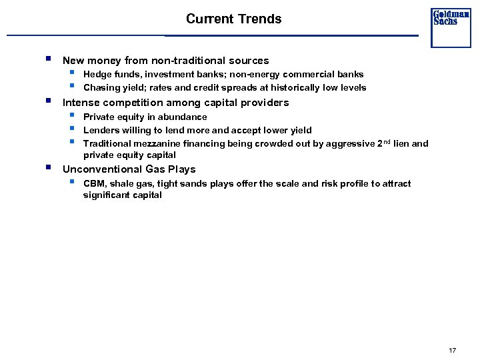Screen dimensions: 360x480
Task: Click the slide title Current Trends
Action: [x=233, y=19]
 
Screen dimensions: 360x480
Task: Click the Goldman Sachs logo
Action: [x=451, y=18]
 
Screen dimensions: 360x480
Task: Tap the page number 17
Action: [x=453, y=350]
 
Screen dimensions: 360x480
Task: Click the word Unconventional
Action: [x=102, y=169]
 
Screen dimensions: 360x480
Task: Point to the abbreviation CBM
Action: [x=94, y=183]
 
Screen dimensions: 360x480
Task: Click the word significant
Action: [x=107, y=195]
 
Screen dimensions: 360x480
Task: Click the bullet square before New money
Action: [x=49, y=59]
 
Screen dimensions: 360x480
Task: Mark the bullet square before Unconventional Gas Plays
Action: [x=49, y=167]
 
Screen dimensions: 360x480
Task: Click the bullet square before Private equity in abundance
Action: [x=71, y=115]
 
